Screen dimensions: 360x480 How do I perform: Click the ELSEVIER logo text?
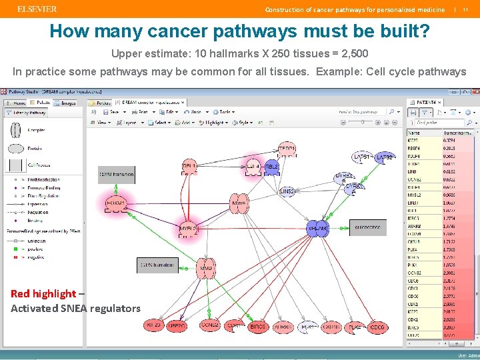pyautogui.click(x=37, y=9)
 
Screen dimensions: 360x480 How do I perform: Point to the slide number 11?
pyautogui.click(x=465, y=9)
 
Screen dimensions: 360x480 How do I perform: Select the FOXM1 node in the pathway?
pyautogui.click(x=115, y=203)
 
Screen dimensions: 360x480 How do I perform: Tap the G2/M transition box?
pyautogui.click(x=116, y=175)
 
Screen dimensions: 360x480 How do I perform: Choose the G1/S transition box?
pyautogui.click(x=157, y=265)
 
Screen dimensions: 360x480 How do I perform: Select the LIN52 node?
pyautogui.click(x=287, y=191)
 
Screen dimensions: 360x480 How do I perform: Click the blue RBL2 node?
pyautogui.click(x=271, y=166)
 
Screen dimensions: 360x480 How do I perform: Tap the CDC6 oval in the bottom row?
pyautogui.click(x=377, y=327)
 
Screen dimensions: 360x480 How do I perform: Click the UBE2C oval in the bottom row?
pyautogui.click(x=177, y=326)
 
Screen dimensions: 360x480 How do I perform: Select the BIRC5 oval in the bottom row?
pyautogui.click(x=258, y=327)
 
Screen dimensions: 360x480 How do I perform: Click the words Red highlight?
pyautogui.click(x=43, y=293)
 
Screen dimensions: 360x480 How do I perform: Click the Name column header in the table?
pyautogui.click(x=413, y=133)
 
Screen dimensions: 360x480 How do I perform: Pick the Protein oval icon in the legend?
pyautogui.click(x=16, y=148)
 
